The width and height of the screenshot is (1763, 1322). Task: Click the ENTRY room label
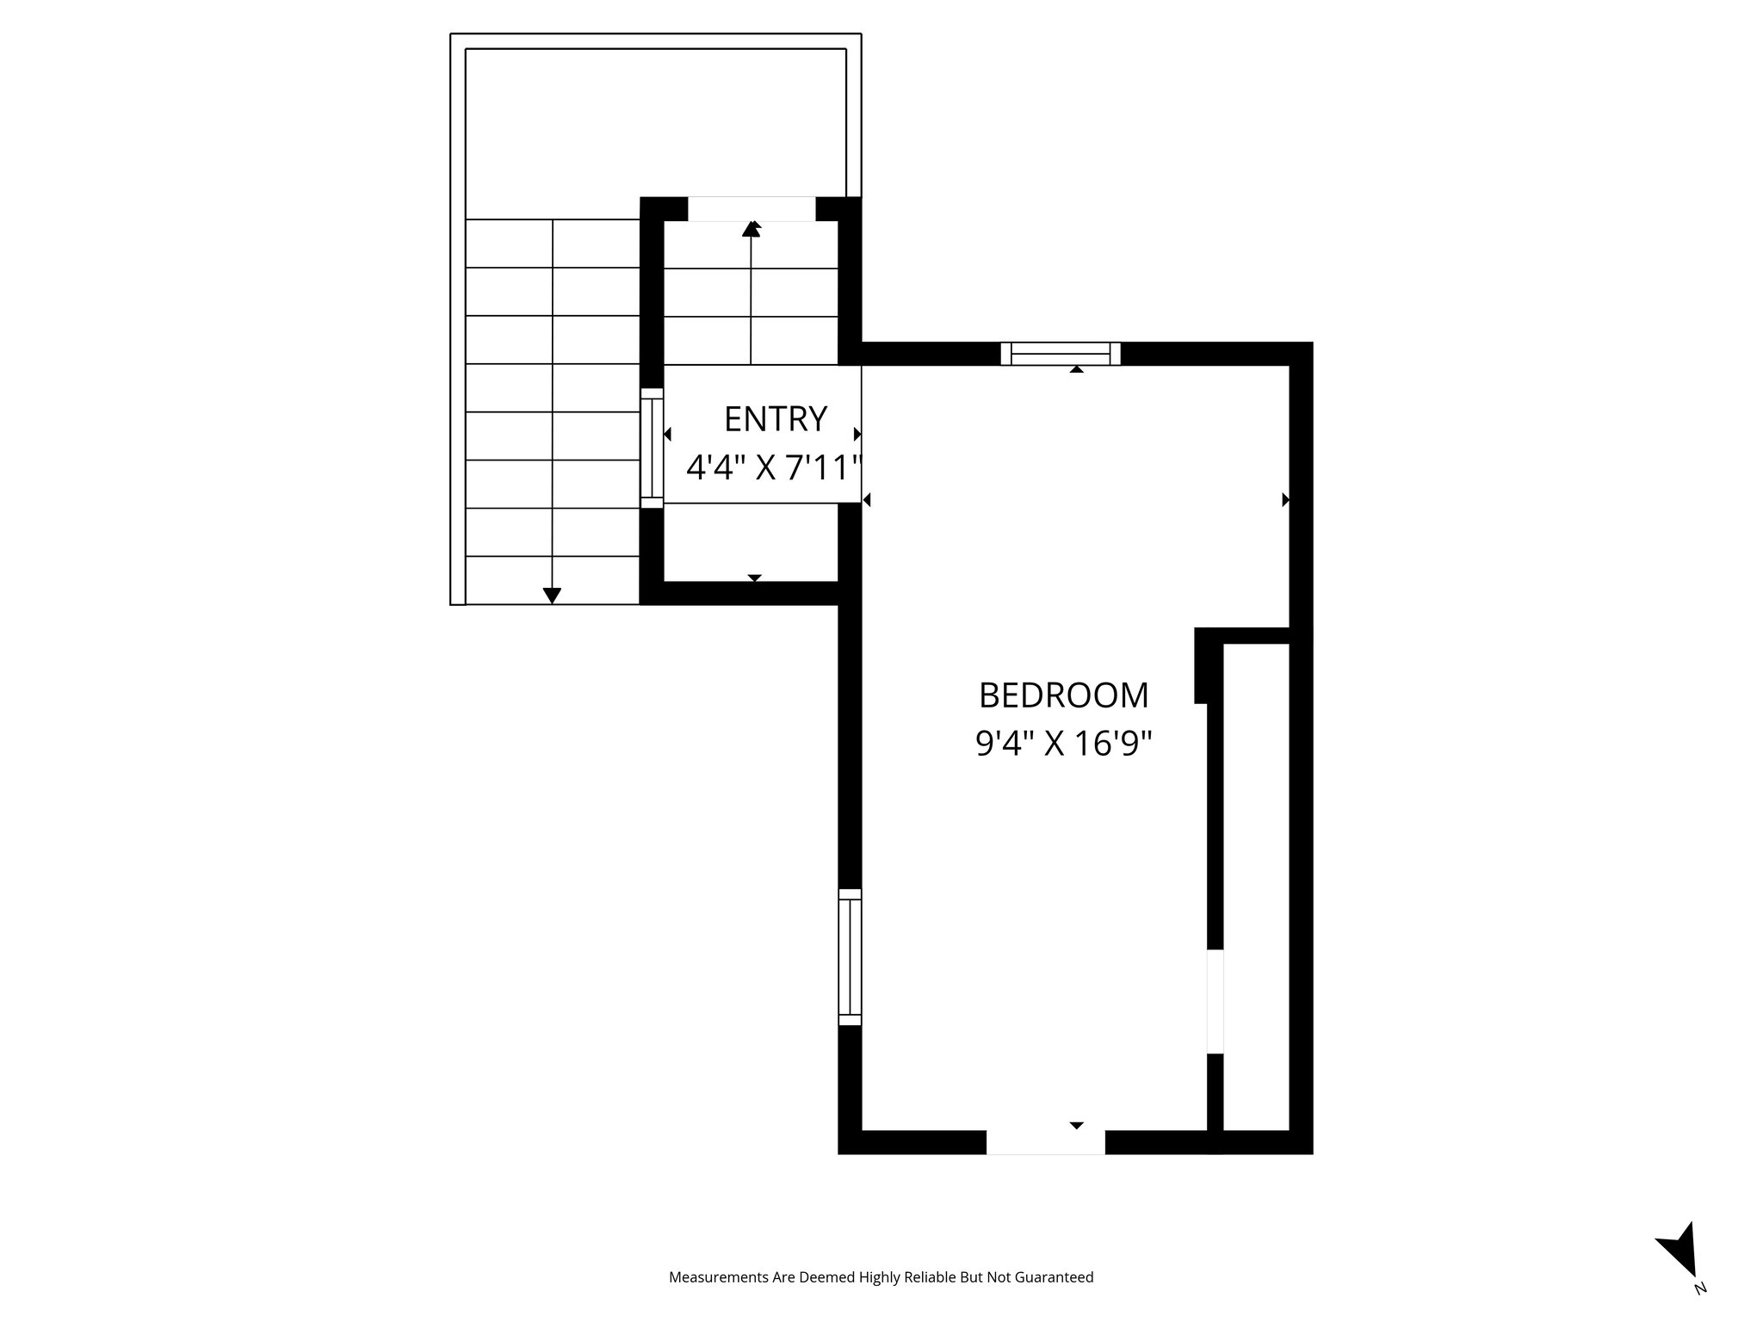(775, 419)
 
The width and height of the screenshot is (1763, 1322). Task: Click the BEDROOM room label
(1063, 695)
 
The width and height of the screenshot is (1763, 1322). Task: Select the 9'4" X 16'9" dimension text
(1063, 744)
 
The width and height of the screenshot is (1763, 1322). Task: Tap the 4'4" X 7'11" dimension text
(774, 469)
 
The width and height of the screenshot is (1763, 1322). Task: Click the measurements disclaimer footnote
(881, 1277)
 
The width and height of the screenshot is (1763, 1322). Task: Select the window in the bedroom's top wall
(1061, 354)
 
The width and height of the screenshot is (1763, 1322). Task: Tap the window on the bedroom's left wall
(850, 956)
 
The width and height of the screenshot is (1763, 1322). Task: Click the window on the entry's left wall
(652, 448)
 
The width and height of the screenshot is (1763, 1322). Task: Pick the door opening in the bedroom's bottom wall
(1045, 1142)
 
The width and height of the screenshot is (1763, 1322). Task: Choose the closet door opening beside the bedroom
(1215, 1001)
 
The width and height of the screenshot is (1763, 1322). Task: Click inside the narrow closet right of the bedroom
(1255, 886)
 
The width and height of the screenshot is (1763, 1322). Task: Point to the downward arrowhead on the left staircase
(552, 595)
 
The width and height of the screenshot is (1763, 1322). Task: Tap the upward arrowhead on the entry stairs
(752, 228)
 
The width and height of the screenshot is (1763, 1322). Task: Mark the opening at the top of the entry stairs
(751, 208)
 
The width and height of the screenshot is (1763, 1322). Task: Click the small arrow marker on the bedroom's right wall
(1285, 499)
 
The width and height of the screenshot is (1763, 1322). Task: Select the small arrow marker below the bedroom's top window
(1076, 370)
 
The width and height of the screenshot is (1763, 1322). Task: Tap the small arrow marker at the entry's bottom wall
(755, 578)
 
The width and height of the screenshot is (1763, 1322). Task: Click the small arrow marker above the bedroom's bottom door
(1076, 1125)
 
